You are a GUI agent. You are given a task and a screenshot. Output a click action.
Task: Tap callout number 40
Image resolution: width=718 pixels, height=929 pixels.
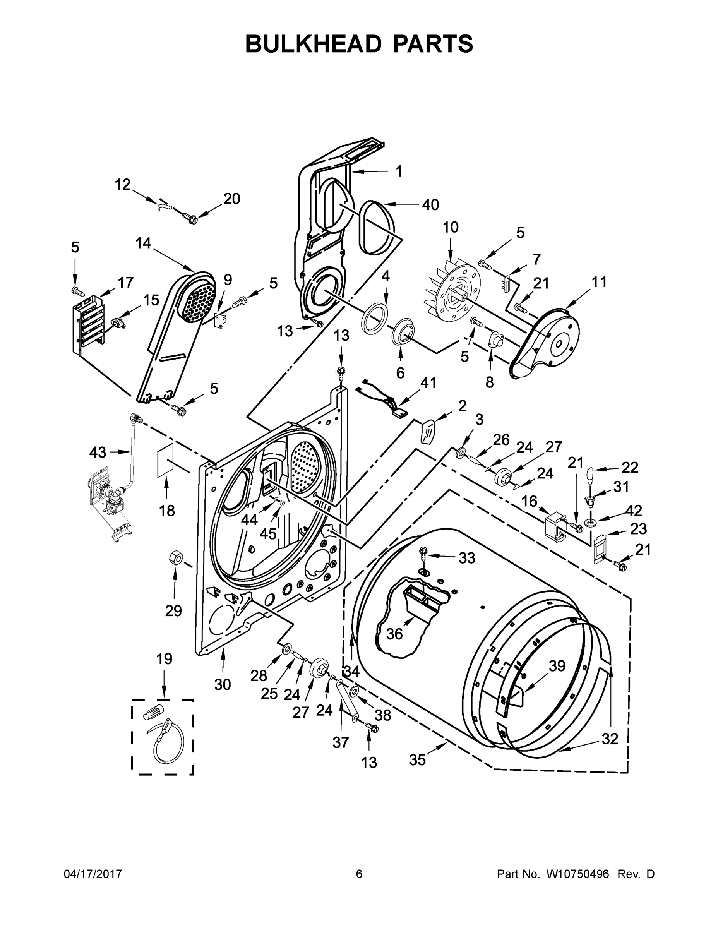click(430, 205)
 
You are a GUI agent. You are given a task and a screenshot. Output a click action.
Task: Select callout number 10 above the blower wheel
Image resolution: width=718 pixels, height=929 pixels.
click(451, 228)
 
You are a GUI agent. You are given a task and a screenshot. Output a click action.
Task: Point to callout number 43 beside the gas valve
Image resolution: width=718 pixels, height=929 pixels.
click(98, 452)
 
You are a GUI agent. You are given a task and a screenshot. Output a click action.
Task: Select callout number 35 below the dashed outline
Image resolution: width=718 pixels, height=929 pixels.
click(417, 760)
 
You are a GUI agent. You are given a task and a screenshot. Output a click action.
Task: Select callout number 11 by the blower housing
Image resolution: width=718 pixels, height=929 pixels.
click(599, 282)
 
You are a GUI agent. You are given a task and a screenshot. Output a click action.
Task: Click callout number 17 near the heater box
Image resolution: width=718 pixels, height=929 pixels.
click(125, 283)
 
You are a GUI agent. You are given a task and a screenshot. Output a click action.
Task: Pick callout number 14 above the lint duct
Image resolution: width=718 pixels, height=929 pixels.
click(143, 243)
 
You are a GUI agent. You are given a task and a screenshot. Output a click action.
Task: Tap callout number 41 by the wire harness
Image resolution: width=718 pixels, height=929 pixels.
click(428, 383)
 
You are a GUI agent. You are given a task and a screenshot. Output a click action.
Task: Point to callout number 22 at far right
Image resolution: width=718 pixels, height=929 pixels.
click(629, 468)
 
